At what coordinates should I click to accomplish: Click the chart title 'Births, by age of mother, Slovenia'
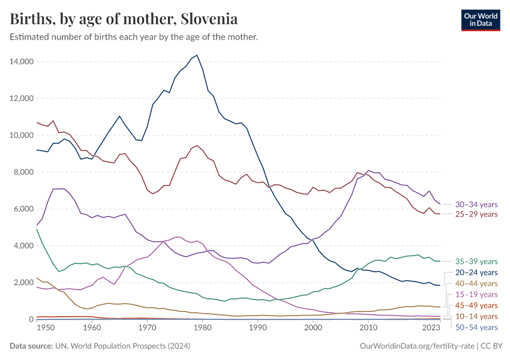124,19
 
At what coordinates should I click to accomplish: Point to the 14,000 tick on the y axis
22,62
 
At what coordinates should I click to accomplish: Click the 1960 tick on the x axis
92,328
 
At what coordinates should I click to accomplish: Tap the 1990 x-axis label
257,328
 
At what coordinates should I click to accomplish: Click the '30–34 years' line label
476,205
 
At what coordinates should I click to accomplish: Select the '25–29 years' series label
476,214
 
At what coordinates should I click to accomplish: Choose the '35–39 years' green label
476,262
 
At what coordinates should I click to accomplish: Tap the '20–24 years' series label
476,272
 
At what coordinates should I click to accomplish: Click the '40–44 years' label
476,283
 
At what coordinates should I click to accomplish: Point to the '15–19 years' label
476,295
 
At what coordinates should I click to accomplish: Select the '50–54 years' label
476,327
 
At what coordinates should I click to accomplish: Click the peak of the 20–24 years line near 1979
197,55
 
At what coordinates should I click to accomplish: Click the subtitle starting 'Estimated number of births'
134,37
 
